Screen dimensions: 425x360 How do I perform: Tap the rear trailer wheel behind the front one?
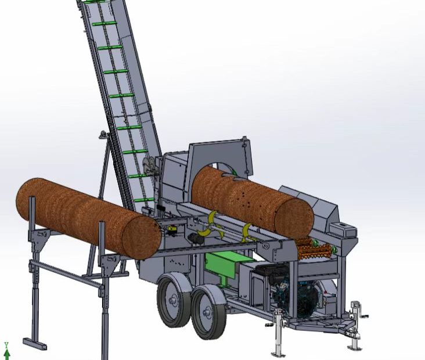[x=174, y=300]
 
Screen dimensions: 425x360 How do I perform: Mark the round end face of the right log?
[x=294, y=219]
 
